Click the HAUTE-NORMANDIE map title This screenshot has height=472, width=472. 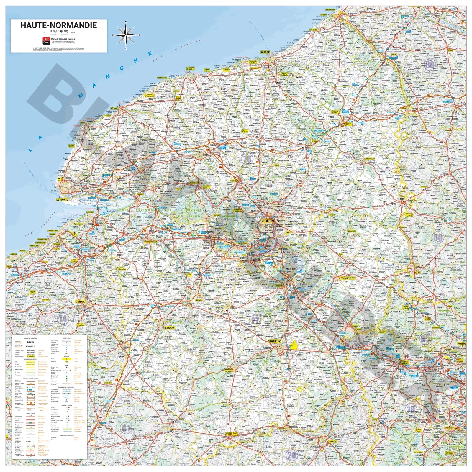pyautogui.click(x=58, y=25)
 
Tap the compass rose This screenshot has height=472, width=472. pyautogui.click(x=126, y=35)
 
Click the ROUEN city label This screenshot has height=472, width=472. pyautogui.click(x=268, y=221)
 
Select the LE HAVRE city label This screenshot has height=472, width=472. pyautogui.click(x=62, y=200)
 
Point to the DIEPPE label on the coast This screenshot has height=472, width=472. pyautogui.click(x=265, y=52)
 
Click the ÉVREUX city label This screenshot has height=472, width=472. pyautogui.click(x=275, y=341)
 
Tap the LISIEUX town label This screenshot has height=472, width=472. pyautogui.click(x=80, y=302)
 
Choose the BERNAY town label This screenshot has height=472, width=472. pyautogui.click(x=170, y=328)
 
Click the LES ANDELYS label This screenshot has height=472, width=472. pyautogui.click(x=347, y=278)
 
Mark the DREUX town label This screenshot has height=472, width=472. pyautogui.click(x=332, y=442)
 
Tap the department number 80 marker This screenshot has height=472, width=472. pyautogui.click(x=430, y=64)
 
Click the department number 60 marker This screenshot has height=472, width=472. pyautogui.click(x=438, y=237)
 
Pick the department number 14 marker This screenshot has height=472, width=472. pyautogui.click(x=63, y=319)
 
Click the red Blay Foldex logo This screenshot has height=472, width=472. pyautogui.click(x=46, y=40)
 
